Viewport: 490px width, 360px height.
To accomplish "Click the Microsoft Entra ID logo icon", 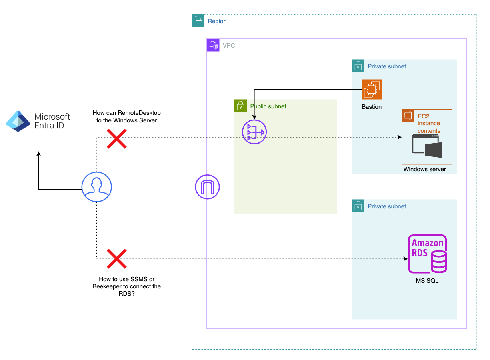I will [x=18, y=121].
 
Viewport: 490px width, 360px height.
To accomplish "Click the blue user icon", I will [x=96, y=187].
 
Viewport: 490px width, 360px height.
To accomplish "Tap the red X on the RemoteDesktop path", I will [x=116, y=138].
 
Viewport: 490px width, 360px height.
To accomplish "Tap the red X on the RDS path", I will [x=116, y=258].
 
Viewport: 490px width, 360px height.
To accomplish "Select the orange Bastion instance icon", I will [x=372, y=89].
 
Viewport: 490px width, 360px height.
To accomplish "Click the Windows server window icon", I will [x=427, y=146].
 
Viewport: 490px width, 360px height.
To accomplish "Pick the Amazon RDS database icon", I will [x=427, y=254].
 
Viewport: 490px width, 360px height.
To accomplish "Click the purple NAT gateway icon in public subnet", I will [x=254, y=132].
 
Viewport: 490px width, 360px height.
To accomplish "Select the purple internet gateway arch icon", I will [x=207, y=187].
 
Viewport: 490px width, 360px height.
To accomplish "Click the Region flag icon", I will [x=198, y=21].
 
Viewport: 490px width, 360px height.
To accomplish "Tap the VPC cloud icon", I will [x=213, y=45].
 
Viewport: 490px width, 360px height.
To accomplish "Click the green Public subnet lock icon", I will [x=240, y=106].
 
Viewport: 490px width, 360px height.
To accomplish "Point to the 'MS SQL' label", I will [x=427, y=281].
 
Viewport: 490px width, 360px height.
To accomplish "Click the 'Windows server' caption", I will [x=424, y=169].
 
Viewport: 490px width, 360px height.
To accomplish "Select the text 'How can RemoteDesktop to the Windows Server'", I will [x=126, y=116].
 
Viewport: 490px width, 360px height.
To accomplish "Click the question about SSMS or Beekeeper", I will [x=126, y=286].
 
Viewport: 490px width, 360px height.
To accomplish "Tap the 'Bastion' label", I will [x=372, y=107].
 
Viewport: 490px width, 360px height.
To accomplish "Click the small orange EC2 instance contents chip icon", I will [x=408, y=116].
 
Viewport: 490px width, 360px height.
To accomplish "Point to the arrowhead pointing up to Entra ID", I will [x=38, y=154].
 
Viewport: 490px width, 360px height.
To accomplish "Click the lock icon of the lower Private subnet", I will [x=358, y=206].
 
